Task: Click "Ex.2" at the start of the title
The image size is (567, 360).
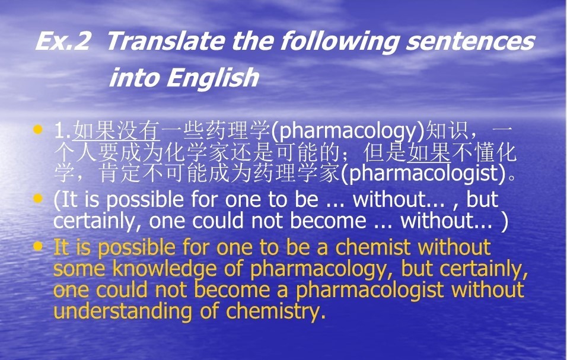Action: point(62,41)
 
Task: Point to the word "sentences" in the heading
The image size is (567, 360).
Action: point(470,42)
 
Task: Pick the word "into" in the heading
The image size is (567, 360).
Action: point(135,78)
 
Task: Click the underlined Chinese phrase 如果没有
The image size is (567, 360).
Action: point(116,131)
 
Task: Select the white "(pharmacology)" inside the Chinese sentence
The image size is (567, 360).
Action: point(348,131)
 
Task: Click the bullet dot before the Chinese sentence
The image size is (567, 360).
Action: point(37,129)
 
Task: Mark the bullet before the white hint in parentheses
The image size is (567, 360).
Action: point(37,198)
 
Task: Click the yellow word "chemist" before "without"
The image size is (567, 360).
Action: point(374,247)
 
